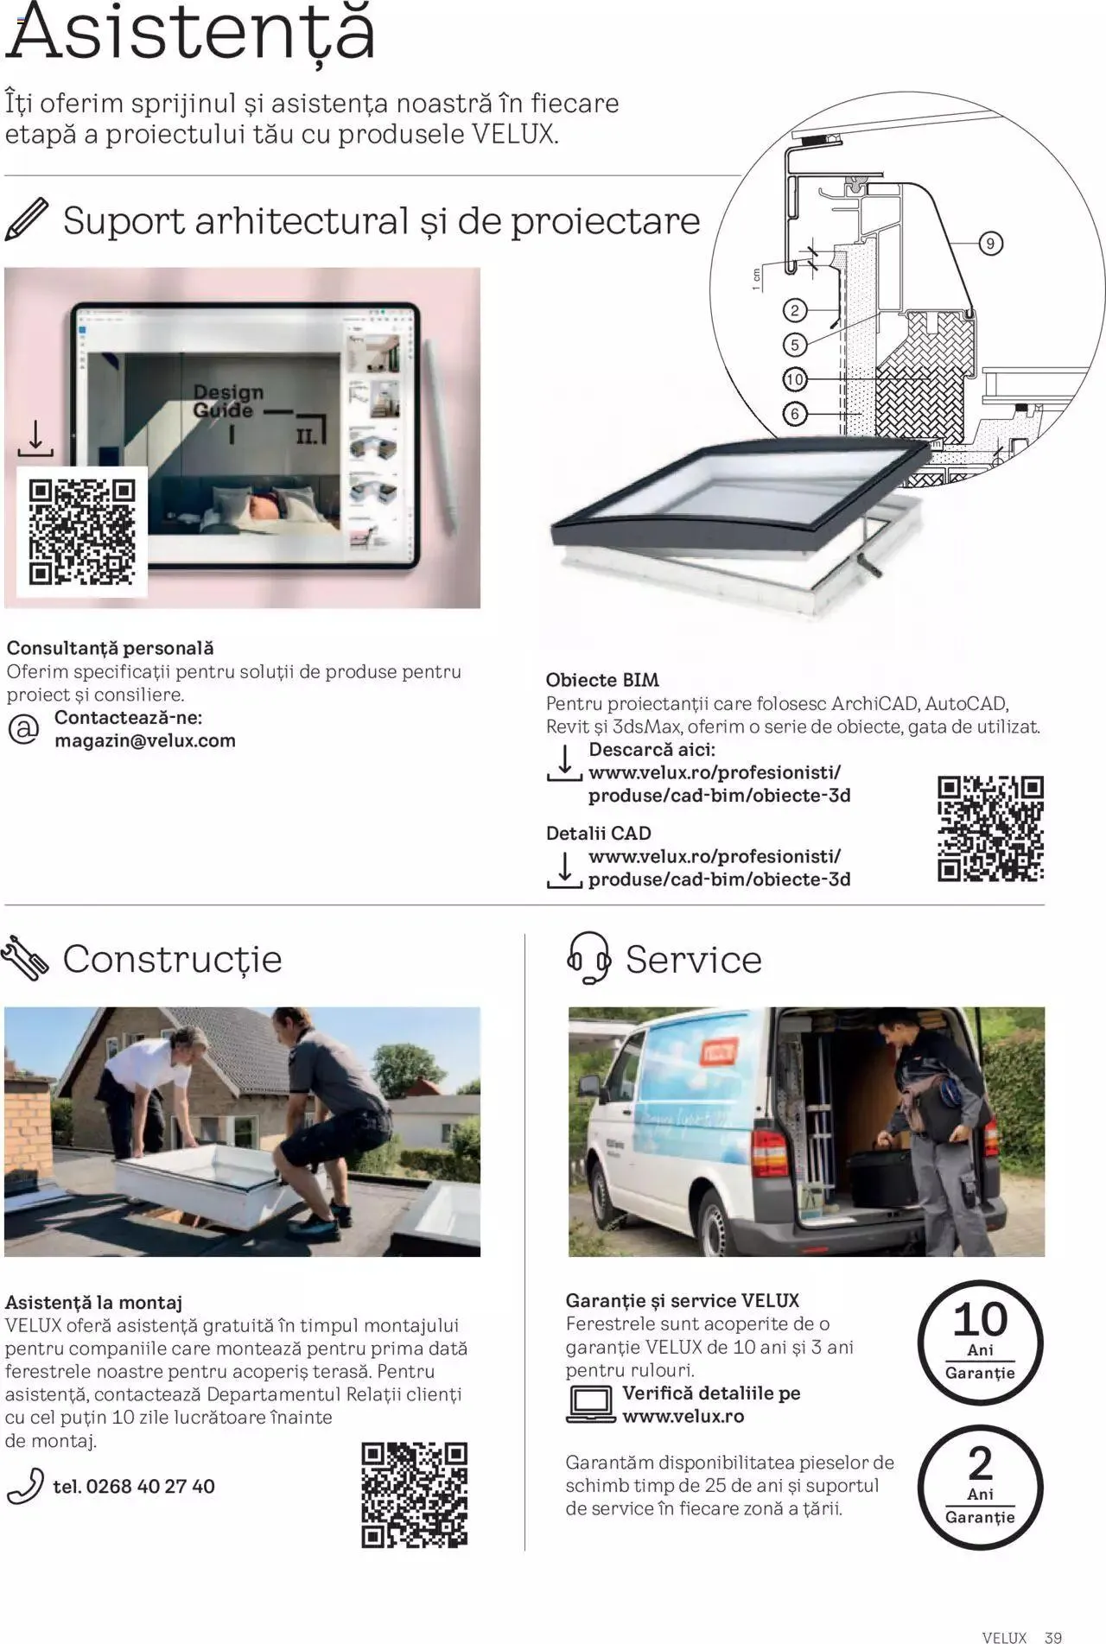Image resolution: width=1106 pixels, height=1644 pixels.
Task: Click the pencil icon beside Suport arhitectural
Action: point(27,219)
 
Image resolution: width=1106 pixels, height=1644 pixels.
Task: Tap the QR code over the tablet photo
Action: point(82,531)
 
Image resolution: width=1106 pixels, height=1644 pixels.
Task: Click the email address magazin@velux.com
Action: point(145,740)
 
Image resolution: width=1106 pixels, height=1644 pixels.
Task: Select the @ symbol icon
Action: point(23,729)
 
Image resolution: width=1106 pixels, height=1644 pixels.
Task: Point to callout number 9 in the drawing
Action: point(990,244)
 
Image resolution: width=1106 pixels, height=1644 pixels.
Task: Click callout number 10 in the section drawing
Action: point(794,378)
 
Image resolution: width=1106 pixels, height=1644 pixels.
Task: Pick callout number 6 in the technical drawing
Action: point(795,414)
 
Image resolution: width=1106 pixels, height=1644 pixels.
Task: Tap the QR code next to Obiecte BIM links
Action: point(990,828)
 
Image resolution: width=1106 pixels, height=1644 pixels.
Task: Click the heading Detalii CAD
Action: point(598,833)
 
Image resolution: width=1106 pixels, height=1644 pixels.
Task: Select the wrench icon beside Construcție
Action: point(24,959)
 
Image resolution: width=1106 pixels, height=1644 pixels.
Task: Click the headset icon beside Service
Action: point(588,958)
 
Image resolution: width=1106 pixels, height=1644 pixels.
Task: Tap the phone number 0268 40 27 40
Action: point(134,1486)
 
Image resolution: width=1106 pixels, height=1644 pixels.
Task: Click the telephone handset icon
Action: point(25,1486)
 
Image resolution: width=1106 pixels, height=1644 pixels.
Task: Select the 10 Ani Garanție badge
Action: point(980,1342)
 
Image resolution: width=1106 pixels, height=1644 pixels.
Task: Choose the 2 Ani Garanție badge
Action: point(980,1486)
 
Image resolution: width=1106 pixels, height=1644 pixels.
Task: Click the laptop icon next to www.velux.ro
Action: point(591,1404)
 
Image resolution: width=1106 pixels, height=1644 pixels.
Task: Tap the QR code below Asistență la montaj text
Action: point(414,1495)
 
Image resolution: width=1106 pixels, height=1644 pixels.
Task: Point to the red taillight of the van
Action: point(767,1152)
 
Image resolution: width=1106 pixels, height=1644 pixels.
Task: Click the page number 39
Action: point(1052,1637)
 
